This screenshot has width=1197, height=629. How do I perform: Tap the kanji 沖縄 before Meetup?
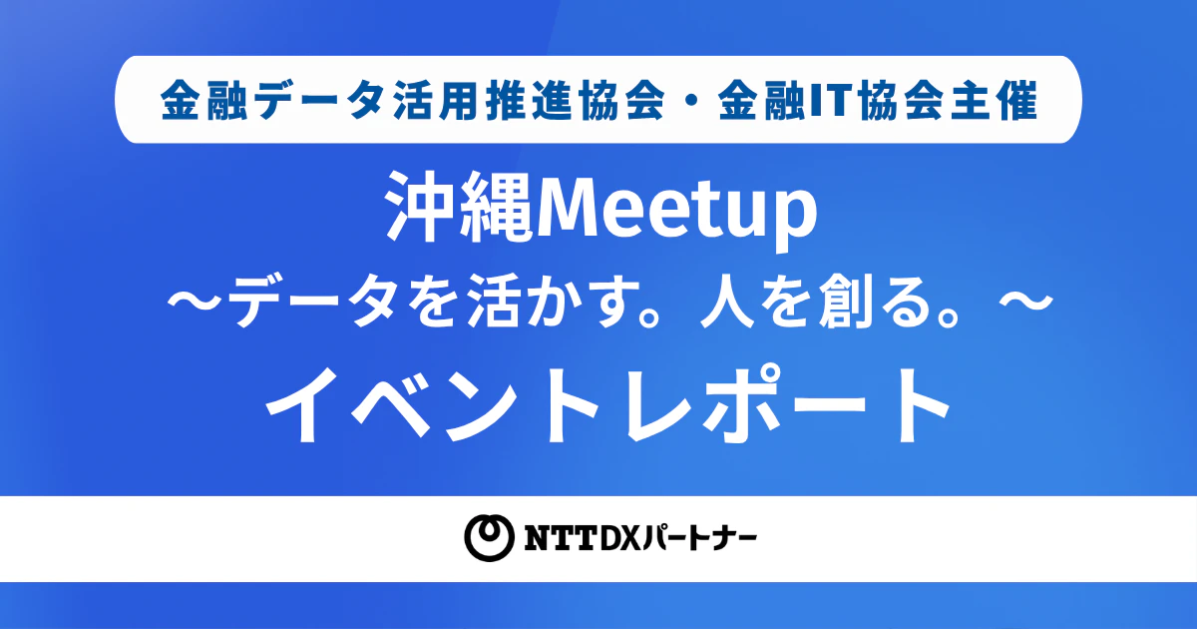(461, 208)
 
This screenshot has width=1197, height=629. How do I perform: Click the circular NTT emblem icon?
(489, 537)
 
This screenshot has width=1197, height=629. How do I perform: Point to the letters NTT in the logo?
(560, 538)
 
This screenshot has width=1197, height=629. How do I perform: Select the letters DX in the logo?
(619, 538)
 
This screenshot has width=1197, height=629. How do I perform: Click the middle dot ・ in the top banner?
(691, 100)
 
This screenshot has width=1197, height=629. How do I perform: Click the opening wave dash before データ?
(194, 303)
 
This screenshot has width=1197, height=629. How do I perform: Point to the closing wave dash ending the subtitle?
(1026, 303)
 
